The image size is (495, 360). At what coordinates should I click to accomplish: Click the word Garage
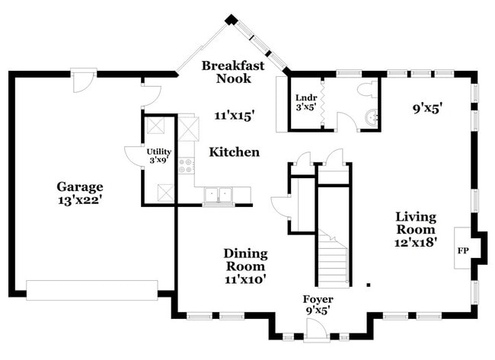79,186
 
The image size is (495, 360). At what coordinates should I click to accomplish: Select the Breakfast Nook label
233,72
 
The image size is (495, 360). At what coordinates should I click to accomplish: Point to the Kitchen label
235,152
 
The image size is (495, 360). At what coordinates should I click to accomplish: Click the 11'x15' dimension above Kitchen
234,116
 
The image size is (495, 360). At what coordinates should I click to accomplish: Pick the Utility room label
158,151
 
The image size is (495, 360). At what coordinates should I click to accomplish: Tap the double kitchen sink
217,195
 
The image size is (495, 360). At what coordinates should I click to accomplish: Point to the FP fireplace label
462,250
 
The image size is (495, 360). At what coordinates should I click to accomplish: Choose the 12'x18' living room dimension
415,243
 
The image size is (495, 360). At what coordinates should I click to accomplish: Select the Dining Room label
244,260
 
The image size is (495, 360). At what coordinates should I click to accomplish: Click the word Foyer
318,299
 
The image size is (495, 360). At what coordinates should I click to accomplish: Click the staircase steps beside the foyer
334,263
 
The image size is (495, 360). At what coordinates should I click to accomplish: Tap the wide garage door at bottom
92,289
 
